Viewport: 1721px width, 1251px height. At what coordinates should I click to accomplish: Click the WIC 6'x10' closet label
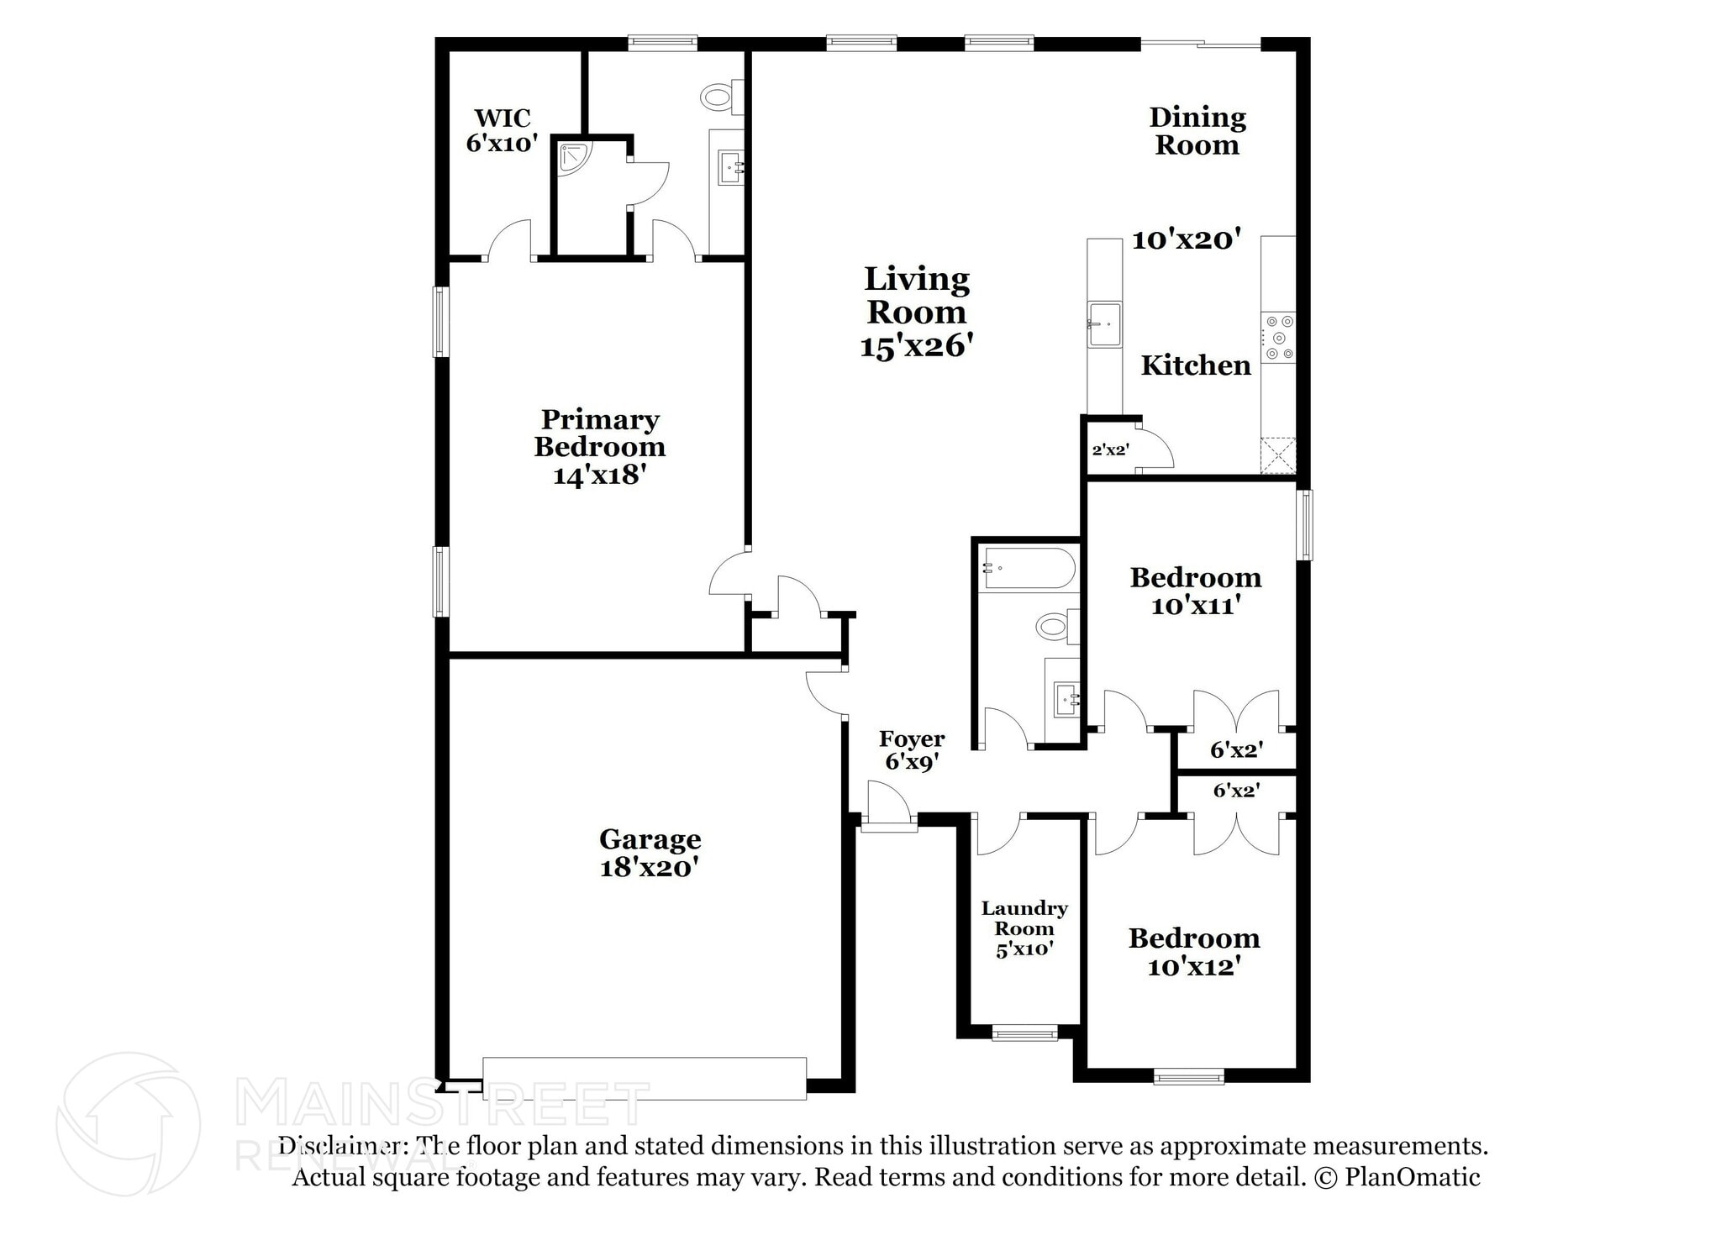pos(502,130)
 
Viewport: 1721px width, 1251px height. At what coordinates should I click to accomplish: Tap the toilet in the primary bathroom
pos(722,97)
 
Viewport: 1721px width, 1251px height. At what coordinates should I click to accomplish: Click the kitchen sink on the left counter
pos(1104,324)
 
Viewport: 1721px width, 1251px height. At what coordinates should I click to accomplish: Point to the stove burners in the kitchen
pos(1277,338)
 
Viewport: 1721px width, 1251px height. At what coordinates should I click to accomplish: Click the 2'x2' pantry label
pos(1110,449)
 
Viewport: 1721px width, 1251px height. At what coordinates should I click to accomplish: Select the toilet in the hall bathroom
pos(1058,626)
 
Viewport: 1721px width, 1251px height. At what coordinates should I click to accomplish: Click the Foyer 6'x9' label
pos(912,750)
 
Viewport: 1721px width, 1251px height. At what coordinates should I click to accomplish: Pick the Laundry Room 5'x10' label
pos(1024,928)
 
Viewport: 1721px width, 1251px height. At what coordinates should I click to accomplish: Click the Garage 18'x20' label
pos(650,853)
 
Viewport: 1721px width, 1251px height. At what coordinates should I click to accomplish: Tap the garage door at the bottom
pos(645,1079)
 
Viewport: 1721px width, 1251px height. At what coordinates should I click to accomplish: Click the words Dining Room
pos(1197,131)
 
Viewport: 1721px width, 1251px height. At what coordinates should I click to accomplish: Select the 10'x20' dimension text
pos(1186,240)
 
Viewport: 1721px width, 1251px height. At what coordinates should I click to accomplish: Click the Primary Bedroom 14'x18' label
pos(600,447)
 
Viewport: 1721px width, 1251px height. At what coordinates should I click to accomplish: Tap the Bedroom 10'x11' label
pos(1196,591)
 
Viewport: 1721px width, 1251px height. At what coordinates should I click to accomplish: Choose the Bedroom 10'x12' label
pos(1194,952)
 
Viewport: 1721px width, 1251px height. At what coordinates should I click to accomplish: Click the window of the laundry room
pos(1024,1033)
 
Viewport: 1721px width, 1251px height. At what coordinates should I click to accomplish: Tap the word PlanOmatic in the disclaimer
pos(1412,1177)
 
